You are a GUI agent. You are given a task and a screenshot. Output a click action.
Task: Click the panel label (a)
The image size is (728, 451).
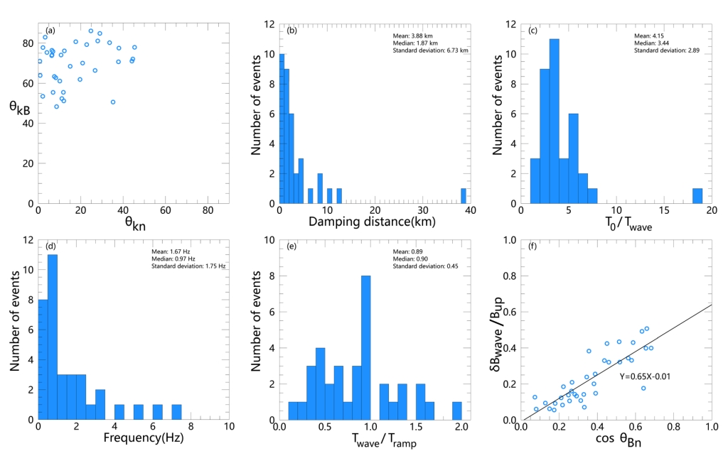pyautogui.click(x=50, y=31)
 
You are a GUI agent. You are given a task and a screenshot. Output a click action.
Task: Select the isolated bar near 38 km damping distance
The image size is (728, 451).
pyautogui.click(x=464, y=196)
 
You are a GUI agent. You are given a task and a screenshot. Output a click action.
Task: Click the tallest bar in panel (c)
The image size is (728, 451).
pyautogui.click(x=555, y=121)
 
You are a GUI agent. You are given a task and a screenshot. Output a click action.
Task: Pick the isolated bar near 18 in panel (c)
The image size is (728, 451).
pyautogui.click(x=697, y=196)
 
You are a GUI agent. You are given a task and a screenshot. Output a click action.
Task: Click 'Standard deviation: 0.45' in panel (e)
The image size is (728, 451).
pyautogui.click(x=424, y=266)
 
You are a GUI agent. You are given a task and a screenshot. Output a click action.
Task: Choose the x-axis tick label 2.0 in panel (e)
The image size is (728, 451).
pyautogui.click(x=460, y=428)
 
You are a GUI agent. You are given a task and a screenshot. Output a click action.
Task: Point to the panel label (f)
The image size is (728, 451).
pyautogui.click(x=533, y=246)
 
